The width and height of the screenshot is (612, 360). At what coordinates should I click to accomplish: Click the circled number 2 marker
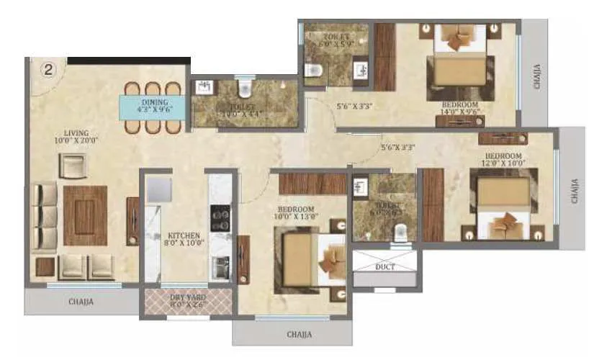pos(48,70)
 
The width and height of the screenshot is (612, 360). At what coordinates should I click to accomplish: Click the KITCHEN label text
pos(184,238)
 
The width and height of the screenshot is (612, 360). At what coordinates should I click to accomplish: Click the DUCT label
pos(385,266)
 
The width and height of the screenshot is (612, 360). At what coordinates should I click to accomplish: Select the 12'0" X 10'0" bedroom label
pos(503,159)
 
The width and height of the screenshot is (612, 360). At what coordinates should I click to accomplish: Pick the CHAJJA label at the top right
pos(537,76)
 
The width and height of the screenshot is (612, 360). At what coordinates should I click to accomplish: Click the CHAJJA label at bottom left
pos(80,302)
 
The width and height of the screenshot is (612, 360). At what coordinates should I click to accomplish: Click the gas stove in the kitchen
pos(219,215)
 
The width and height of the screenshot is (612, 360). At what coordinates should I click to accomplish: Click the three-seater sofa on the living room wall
pos(45,215)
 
